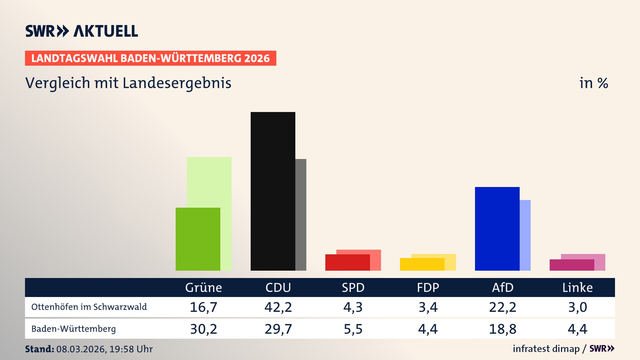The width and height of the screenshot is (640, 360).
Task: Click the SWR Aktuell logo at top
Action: tap(82, 31)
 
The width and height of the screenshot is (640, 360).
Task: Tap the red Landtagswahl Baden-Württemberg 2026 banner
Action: tap(150, 58)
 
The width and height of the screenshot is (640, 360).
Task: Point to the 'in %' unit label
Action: tap(593, 83)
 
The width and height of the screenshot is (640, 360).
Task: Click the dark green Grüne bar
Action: tap(198, 239)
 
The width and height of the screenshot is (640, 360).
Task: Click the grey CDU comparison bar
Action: tap(301, 215)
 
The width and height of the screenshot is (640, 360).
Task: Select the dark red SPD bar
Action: tap(347, 263)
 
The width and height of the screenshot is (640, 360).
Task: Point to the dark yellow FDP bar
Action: tap(422, 264)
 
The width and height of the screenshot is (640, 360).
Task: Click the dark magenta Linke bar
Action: tap(572, 265)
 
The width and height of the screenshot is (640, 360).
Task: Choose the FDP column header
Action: tap(428, 288)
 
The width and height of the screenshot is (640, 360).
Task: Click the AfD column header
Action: tap(503, 288)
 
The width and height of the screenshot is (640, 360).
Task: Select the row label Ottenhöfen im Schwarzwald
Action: tap(89, 307)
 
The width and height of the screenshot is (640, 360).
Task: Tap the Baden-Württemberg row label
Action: tap(74, 329)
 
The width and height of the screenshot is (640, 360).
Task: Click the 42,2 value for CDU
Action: tap(278, 307)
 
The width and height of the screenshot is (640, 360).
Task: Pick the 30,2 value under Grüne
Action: tap(203, 329)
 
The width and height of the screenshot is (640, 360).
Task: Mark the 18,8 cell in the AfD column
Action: tap(503, 329)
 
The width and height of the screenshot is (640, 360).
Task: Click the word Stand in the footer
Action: tap(39, 349)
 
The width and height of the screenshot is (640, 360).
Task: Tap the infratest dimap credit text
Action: tap(546, 349)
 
